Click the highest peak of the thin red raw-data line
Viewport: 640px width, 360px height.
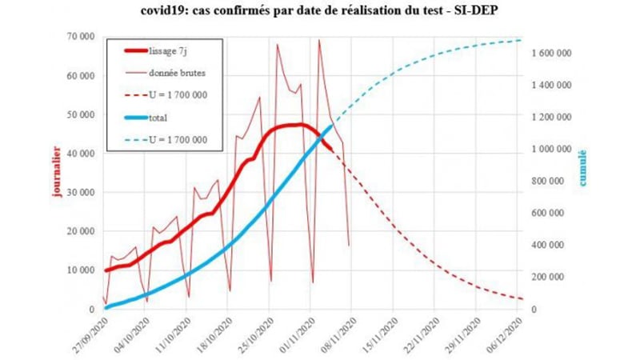click(319, 40)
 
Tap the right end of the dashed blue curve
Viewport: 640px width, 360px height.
click(522, 40)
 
